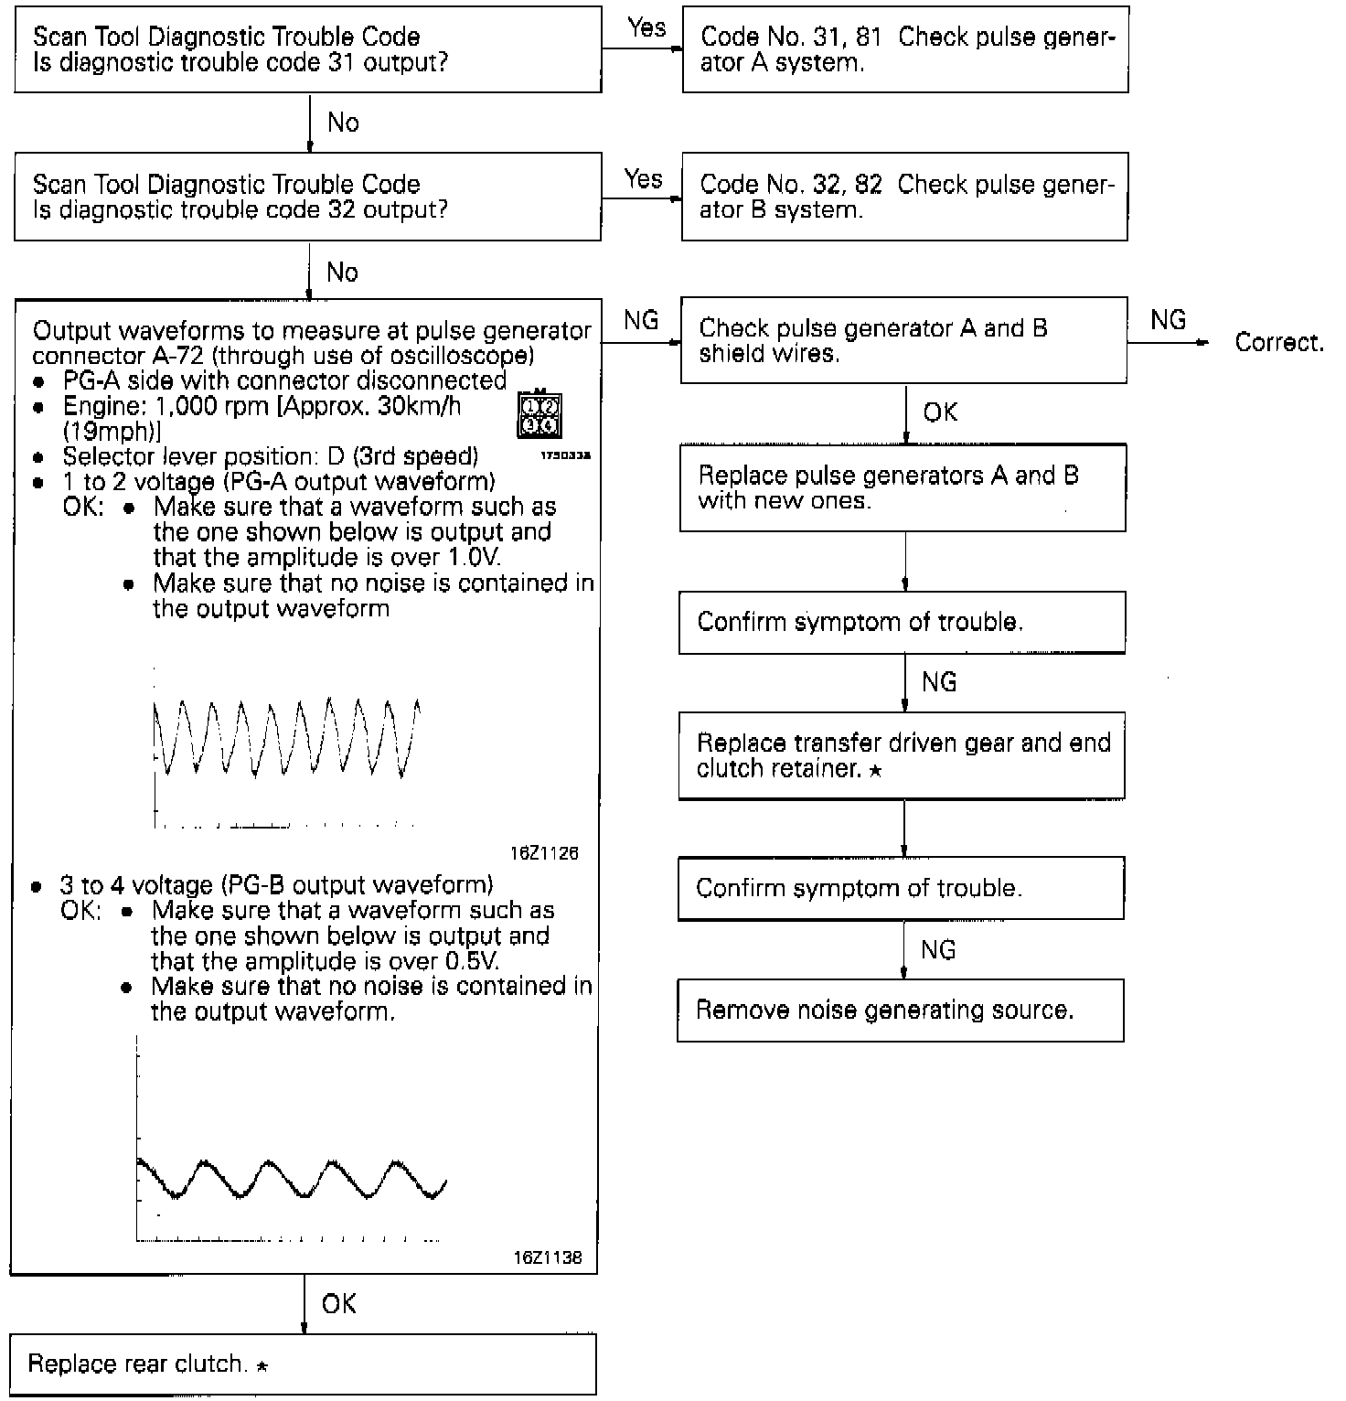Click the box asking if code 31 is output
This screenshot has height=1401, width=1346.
coord(307,49)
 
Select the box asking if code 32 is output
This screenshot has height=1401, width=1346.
coord(307,197)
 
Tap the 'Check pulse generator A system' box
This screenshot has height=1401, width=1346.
coord(905,49)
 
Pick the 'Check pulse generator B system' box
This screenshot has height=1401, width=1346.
coord(904,197)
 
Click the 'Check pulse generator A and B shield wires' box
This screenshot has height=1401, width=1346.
coord(903,340)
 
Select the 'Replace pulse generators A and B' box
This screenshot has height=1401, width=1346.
coord(903,487)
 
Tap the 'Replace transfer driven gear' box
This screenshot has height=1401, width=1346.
coord(902,755)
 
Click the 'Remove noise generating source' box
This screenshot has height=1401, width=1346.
coord(901,1010)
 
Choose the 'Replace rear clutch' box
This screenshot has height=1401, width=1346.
coord(303,1364)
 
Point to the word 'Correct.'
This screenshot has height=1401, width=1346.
coord(1279,342)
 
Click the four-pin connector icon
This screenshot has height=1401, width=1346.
coord(539,414)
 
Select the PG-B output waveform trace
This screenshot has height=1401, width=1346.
coord(291,1179)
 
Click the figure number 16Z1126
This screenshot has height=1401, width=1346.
coord(545,853)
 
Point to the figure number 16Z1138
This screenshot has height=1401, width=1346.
coord(547,1257)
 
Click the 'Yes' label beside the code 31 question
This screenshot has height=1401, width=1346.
coord(646,27)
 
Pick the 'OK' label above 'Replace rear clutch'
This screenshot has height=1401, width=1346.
coord(339,1303)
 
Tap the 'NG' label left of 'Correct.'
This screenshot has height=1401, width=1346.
coord(1168,319)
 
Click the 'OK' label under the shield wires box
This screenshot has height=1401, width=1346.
coord(940,412)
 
